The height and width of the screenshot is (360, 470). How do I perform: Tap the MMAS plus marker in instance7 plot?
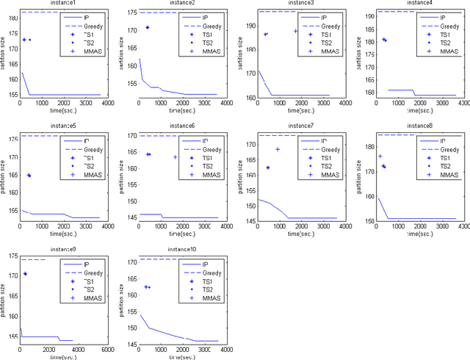(x=278, y=150)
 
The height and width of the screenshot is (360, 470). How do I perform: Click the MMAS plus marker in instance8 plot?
(x=380, y=156)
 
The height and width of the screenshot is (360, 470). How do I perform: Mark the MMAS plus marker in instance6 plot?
(x=175, y=157)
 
